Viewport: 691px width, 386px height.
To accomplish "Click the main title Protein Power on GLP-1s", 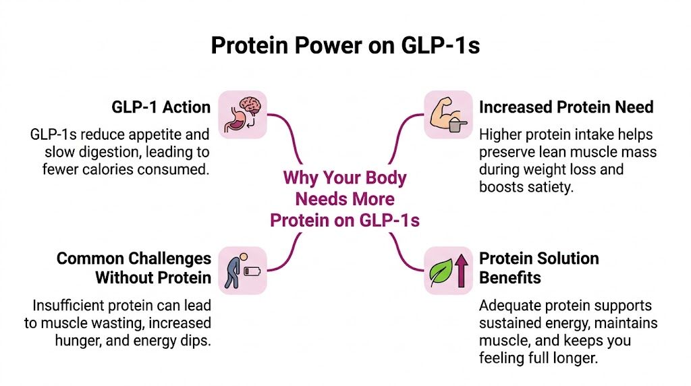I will click(345, 46).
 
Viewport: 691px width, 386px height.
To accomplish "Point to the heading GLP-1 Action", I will click(161, 107).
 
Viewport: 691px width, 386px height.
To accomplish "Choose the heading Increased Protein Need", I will click(566, 107).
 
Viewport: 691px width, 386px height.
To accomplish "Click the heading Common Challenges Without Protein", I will click(134, 268).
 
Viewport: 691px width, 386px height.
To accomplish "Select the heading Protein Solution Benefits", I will click(538, 268).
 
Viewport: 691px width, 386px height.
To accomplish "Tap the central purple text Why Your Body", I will click(345, 179).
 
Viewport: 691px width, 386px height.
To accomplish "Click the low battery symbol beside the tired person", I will click(252, 271).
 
